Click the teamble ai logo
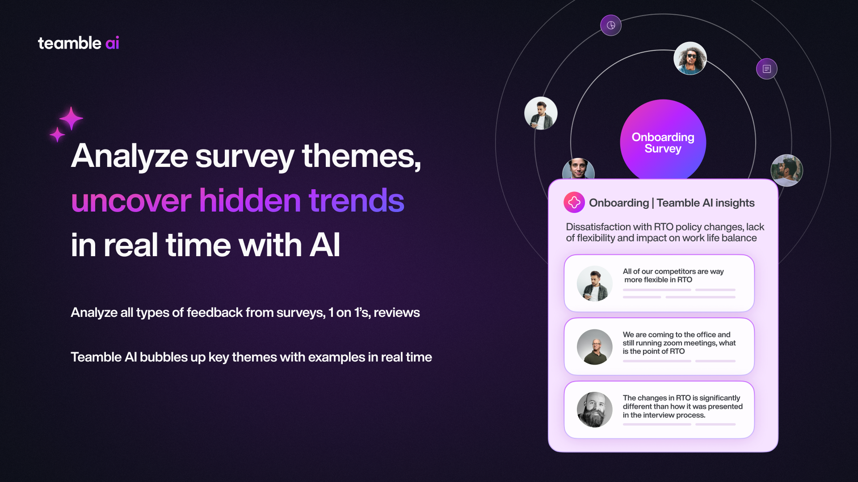pyautogui.click(x=78, y=43)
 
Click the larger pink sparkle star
pyautogui.click(x=71, y=118)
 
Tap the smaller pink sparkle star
pyautogui.click(x=57, y=134)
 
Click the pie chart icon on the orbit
pyautogui.click(x=611, y=25)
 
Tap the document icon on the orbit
pyautogui.click(x=767, y=69)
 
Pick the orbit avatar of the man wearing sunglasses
pyautogui.click(x=690, y=58)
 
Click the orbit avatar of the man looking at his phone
pyautogui.click(x=541, y=113)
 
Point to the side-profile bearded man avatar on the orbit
pyautogui.click(x=787, y=170)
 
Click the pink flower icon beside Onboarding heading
pyautogui.click(x=574, y=203)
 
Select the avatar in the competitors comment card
pyautogui.click(x=595, y=283)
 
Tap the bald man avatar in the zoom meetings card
pyautogui.click(x=595, y=347)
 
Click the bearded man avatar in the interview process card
pyautogui.click(x=595, y=410)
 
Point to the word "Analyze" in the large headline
pyautogui.click(x=130, y=157)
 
